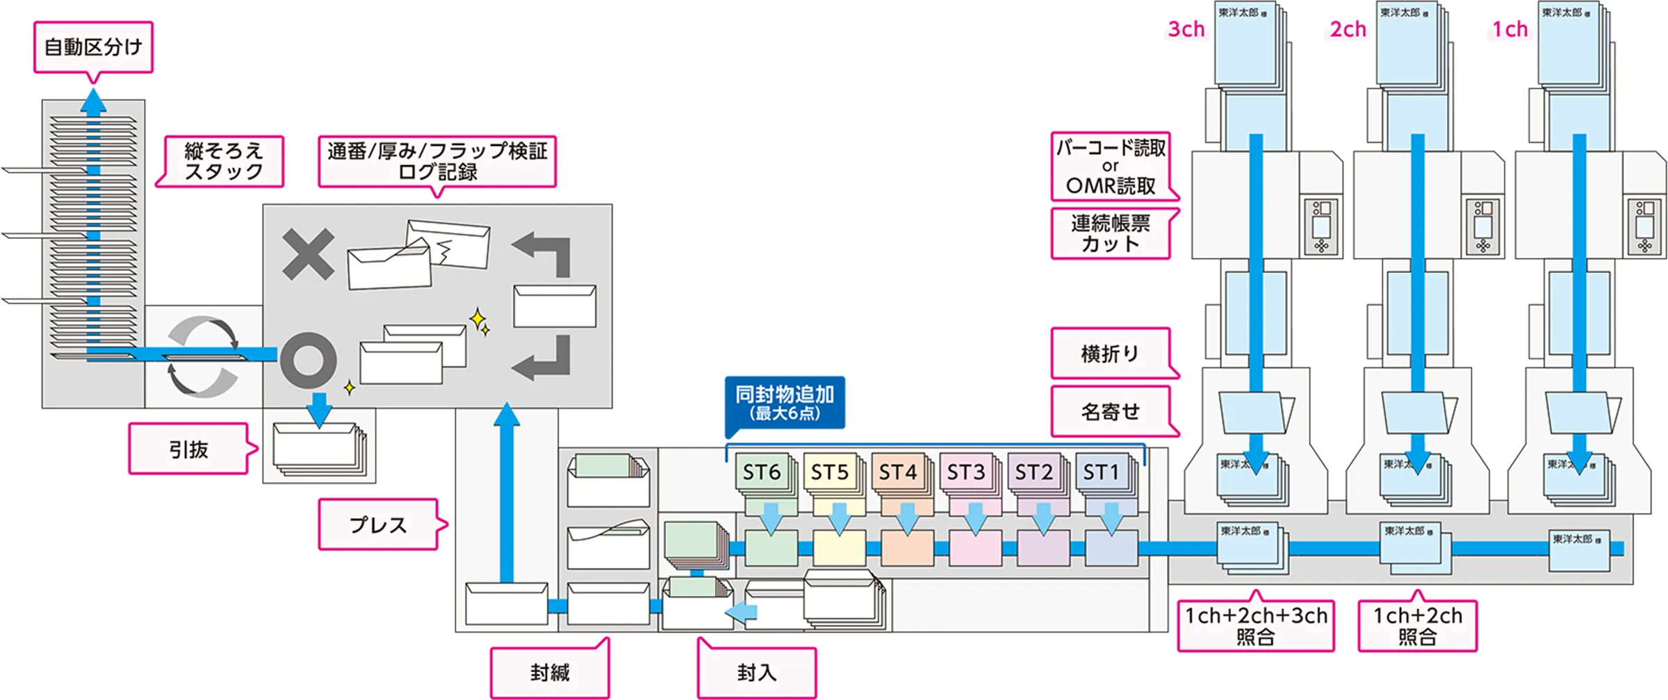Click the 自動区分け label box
pyautogui.click(x=93, y=47)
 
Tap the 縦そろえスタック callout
pyautogui.click(x=223, y=161)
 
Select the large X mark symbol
pyautogui.click(x=308, y=255)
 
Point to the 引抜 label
pyautogui.click(x=188, y=449)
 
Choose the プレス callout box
pyautogui.click(x=378, y=524)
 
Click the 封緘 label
pyautogui.click(x=549, y=672)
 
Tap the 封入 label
pyautogui.click(x=756, y=672)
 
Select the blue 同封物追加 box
pyautogui.click(x=785, y=403)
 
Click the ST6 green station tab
pyautogui.click(x=761, y=472)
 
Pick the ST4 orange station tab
pyautogui.click(x=897, y=472)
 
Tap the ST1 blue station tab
pyautogui.click(x=1101, y=472)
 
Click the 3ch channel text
pyautogui.click(x=1186, y=29)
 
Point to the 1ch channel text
pyautogui.click(x=1510, y=29)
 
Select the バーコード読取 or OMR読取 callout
pyautogui.click(x=1111, y=166)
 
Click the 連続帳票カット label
pyautogui.click(x=1110, y=233)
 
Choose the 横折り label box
pyautogui.click(x=1110, y=353)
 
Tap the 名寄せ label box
pyautogui.click(x=1110, y=412)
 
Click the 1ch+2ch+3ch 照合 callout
pyautogui.click(x=1255, y=626)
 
